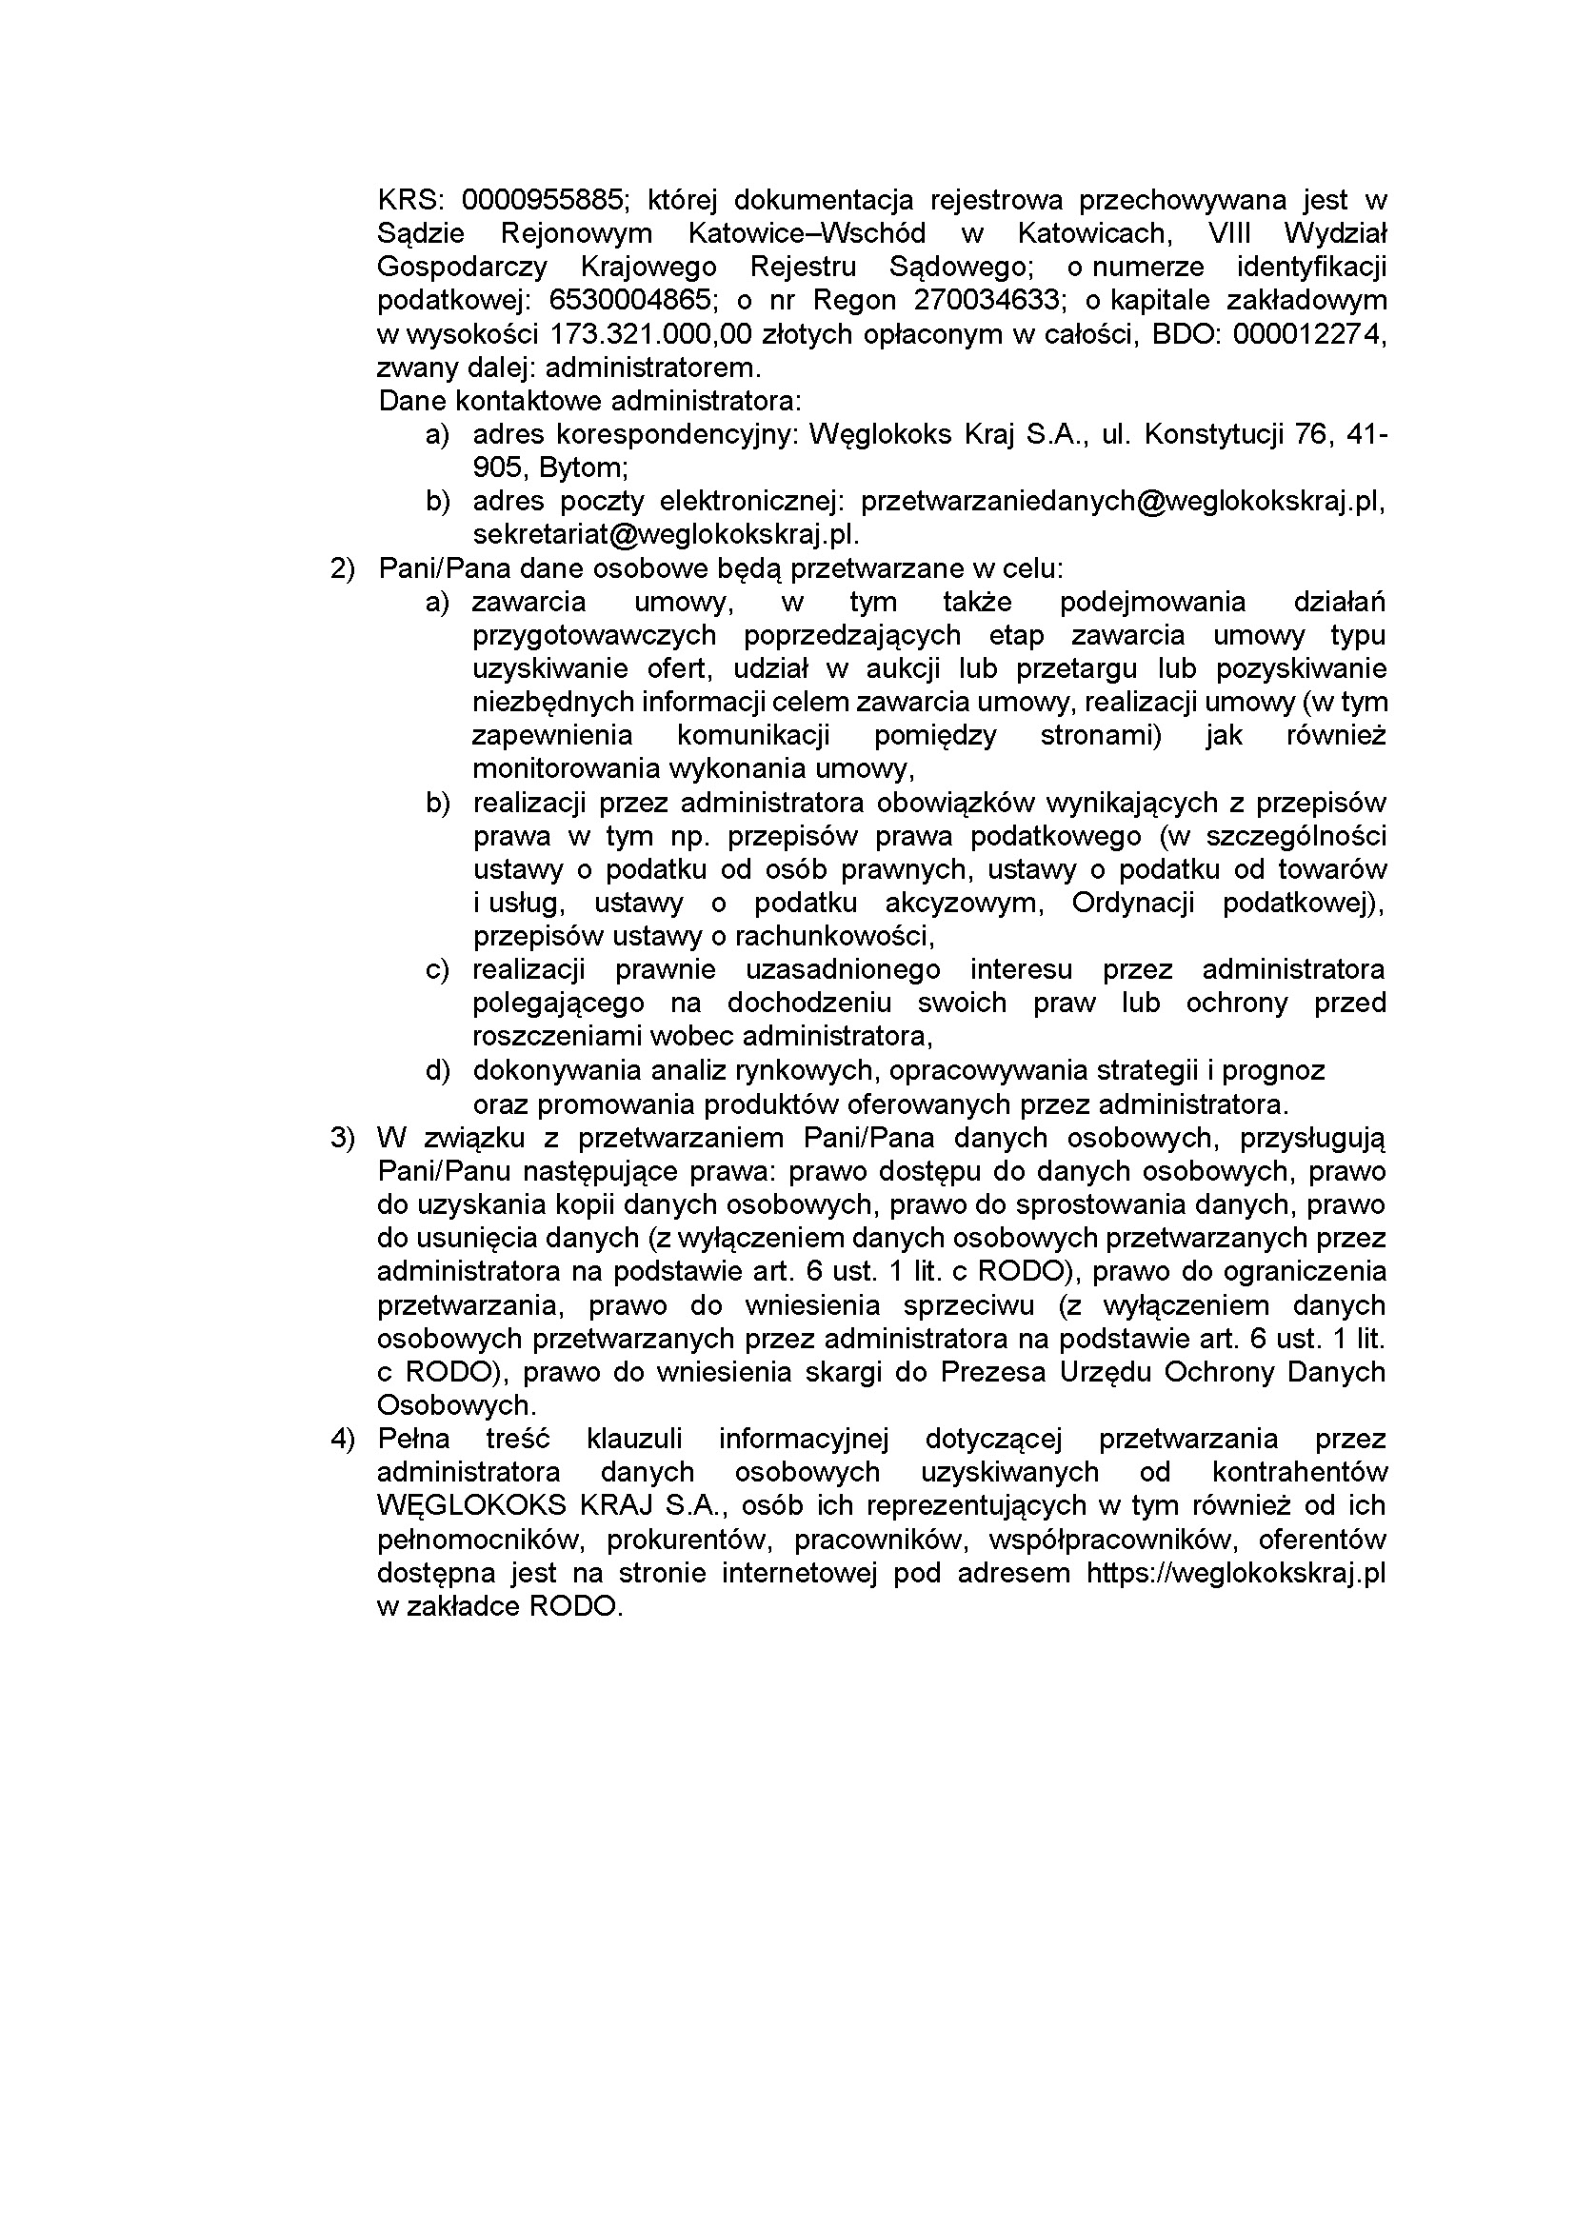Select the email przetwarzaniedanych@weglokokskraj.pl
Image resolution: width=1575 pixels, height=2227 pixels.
[1121, 502]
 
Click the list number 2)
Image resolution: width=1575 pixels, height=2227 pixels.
[344, 568]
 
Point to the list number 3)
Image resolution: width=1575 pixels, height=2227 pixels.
[344, 1138]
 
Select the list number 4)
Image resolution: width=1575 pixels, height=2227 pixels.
[344, 1440]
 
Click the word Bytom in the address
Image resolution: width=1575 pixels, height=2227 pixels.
[582, 468]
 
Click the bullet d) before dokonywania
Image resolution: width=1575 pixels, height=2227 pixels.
[437, 1071]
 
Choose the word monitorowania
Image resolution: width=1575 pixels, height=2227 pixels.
[567, 769]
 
